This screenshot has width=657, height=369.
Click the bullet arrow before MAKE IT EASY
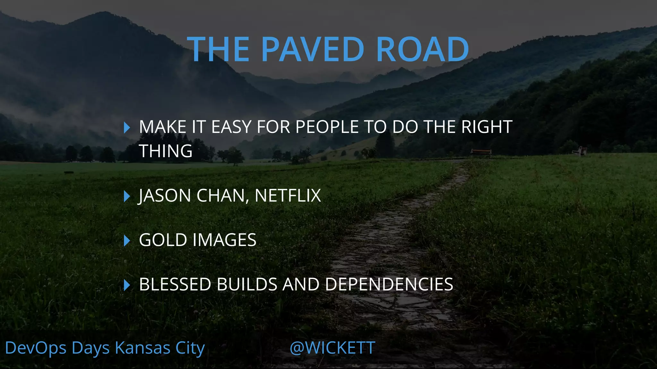[x=127, y=127]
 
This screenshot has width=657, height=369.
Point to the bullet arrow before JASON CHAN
[x=127, y=196]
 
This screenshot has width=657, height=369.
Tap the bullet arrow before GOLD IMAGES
[x=127, y=241]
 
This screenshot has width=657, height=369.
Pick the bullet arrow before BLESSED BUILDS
[x=127, y=285]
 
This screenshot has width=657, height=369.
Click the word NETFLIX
[x=288, y=195]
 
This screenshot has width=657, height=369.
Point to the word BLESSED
[x=175, y=284]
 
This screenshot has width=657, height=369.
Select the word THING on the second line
[x=166, y=151]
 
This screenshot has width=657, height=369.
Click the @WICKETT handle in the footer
[x=332, y=348]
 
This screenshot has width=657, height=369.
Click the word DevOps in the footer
[x=36, y=348]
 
